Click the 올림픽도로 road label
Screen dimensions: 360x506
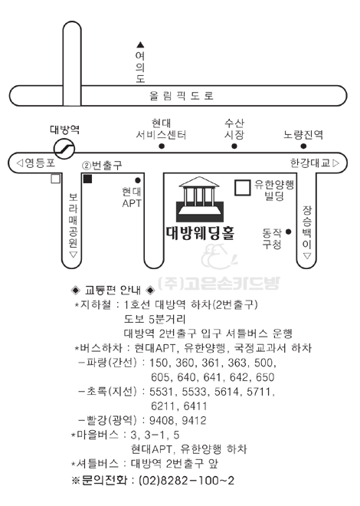(182, 96)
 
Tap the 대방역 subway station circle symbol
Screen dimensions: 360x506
(64, 149)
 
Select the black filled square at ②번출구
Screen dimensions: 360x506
(87, 179)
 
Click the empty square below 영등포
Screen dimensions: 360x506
(56, 179)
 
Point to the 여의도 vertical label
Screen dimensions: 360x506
(140, 67)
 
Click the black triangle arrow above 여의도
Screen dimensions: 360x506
(140, 45)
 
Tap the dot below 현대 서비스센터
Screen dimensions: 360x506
(162, 146)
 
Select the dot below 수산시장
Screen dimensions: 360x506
(234, 146)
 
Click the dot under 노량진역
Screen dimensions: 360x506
(303, 146)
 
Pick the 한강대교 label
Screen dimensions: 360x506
(310, 163)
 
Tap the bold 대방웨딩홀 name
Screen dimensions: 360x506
(200, 233)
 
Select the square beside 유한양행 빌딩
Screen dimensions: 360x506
(242, 188)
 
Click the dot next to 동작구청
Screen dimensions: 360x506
(289, 232)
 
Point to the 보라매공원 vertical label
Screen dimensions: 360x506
(74, 220)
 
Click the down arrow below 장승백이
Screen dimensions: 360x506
(307, 256)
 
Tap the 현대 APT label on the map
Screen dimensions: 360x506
(132, 198)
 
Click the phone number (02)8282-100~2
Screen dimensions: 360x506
(186, 481)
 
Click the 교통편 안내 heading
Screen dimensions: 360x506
(113, 290)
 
